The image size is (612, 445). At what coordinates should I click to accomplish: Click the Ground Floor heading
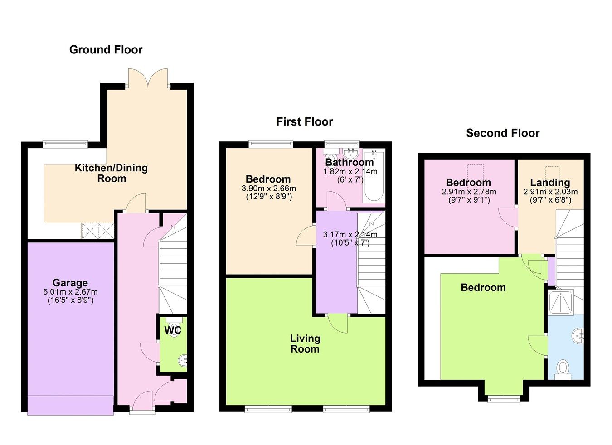pyautogui.click(x=106, y=50)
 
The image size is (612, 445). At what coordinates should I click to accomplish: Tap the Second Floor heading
pyautogui.click(x=502, y=133)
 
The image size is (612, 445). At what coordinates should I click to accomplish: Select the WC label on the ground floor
pyautogui.click(x=172, y=330)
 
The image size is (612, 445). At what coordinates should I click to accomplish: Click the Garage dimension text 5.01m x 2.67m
pyautogui.click(x=70, y=292)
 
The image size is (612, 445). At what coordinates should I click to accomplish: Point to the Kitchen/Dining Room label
pyautogui.click(x=111, y=173)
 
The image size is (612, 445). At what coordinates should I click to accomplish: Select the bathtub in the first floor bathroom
pyautogui.click(x=374, y=177)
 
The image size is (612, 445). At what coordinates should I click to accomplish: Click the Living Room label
pyautogui.click(x=305, y=343)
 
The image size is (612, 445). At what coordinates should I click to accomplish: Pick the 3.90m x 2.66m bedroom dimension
pyautogui.click(x=268, y=189)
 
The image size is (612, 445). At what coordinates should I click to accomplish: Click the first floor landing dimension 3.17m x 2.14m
pyautogui.click(x=350, y=235)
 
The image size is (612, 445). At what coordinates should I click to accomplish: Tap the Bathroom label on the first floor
pyautogui.click(x=349, y=162)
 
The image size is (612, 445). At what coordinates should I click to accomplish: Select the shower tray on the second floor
pyautogui.click(x=560, y=302)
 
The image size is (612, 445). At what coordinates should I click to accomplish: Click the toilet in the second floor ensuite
pyautogui.click(x=563, y=368)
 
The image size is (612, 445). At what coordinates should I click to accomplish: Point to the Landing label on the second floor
pyautogui.click(x=550, y=183)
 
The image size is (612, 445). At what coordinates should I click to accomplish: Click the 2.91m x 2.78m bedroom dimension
pyautogui.click(x=469, y=192)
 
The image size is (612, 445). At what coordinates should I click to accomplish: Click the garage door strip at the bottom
pyautogui.click(x=70, y=405)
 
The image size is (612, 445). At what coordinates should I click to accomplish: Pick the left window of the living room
pyautogui.click(x=268, y=409)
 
